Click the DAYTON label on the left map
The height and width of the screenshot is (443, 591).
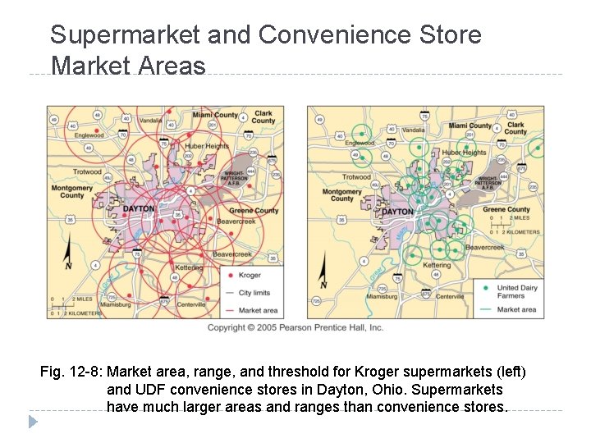[138, 209]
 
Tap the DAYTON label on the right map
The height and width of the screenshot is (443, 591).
[397, 212]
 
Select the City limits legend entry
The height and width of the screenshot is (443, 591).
[254, 293]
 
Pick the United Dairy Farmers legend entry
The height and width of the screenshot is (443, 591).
[518, 291]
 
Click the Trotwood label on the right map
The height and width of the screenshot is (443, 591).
[356, 176]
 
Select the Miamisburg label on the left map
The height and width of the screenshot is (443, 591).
[115, 304]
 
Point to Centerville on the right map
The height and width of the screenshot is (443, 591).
[450, 296]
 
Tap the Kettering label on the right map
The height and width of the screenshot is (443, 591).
[437, 265]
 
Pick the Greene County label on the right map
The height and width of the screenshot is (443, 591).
[506, 209]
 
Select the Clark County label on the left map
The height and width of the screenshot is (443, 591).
[263, 116]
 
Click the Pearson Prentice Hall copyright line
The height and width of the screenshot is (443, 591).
[295, 327]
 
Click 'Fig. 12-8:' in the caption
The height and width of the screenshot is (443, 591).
[71, 372]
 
